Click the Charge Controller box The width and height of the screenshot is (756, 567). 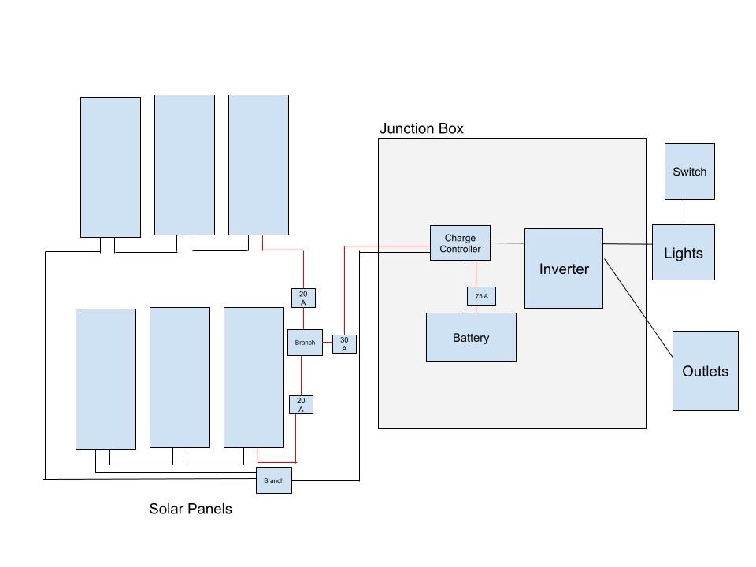pos(460,243)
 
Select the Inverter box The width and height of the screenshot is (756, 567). pos(564,269)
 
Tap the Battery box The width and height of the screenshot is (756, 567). pos(471,338)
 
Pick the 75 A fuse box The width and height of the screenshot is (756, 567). pos(481,296)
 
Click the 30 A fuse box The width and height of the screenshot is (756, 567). pos(344,344)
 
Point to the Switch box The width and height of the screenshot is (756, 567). pos(690,172)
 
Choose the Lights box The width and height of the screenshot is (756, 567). pos(684,252)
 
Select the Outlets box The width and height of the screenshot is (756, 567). pos(706,371)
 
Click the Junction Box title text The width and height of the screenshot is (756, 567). pos(421,128)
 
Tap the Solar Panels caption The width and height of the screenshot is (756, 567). pos(191,509)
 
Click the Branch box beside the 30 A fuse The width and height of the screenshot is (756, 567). pos(306,343)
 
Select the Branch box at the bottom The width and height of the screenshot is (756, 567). pos(274,480)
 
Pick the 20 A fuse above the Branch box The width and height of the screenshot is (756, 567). pos(303,298)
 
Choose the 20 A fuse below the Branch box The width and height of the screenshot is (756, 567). pos(301,405)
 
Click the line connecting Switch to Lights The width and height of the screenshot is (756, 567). pos(684,212)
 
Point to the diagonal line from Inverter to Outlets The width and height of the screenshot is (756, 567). pos(639,308)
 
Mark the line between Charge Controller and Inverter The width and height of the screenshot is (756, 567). pos(508,243)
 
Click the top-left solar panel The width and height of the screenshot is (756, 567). pos(110,167)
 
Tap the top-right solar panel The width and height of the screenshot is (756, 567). pos(258,165)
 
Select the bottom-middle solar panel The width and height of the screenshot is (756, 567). pos(180,377)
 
